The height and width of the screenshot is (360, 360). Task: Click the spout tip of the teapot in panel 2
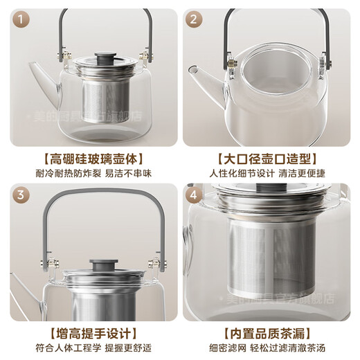click(188, 69)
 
